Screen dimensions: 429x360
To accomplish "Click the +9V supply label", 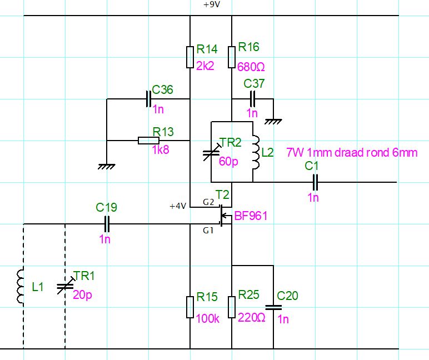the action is (212, 4).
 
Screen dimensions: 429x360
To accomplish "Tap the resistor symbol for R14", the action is (190, 57).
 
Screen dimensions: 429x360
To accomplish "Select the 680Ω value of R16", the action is (251, 67).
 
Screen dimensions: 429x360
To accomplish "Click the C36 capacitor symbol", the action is (148, 99).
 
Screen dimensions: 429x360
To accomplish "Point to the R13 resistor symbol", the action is (148, 141).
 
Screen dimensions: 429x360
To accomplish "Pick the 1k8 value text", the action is (161, 149).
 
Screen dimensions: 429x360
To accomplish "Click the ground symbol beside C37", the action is (273, 122).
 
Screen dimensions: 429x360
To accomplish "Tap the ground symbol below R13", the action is (107, 166).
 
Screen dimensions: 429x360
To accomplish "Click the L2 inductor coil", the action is (256, 152).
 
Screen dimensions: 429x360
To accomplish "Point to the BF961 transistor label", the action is (251, 216).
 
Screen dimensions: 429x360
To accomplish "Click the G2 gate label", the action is (208, 202).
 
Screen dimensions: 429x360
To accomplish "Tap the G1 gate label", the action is (208, 231).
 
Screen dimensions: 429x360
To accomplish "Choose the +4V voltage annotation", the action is (178, 206).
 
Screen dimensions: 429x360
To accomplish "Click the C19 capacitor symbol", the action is (107, 224).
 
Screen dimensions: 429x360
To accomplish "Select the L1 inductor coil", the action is (21, 287).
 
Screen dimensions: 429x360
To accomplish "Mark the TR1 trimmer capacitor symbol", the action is (66, 286).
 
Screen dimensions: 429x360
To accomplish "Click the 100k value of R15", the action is (208, 319).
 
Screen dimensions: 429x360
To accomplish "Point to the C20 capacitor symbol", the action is (273, 307).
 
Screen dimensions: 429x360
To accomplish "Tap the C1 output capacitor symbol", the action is (315, 182).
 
